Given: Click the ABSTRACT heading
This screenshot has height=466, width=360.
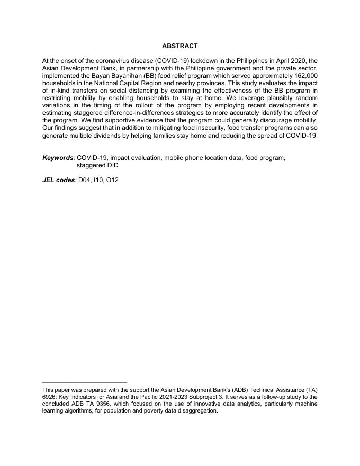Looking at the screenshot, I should pos(179,47).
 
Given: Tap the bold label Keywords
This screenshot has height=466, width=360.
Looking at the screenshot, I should pos(58,158).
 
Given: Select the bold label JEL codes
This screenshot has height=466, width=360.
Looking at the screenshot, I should pos(59,180).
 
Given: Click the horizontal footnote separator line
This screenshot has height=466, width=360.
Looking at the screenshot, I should pos(85,382).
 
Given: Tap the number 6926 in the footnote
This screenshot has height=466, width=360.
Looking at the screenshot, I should pos(50,397).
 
